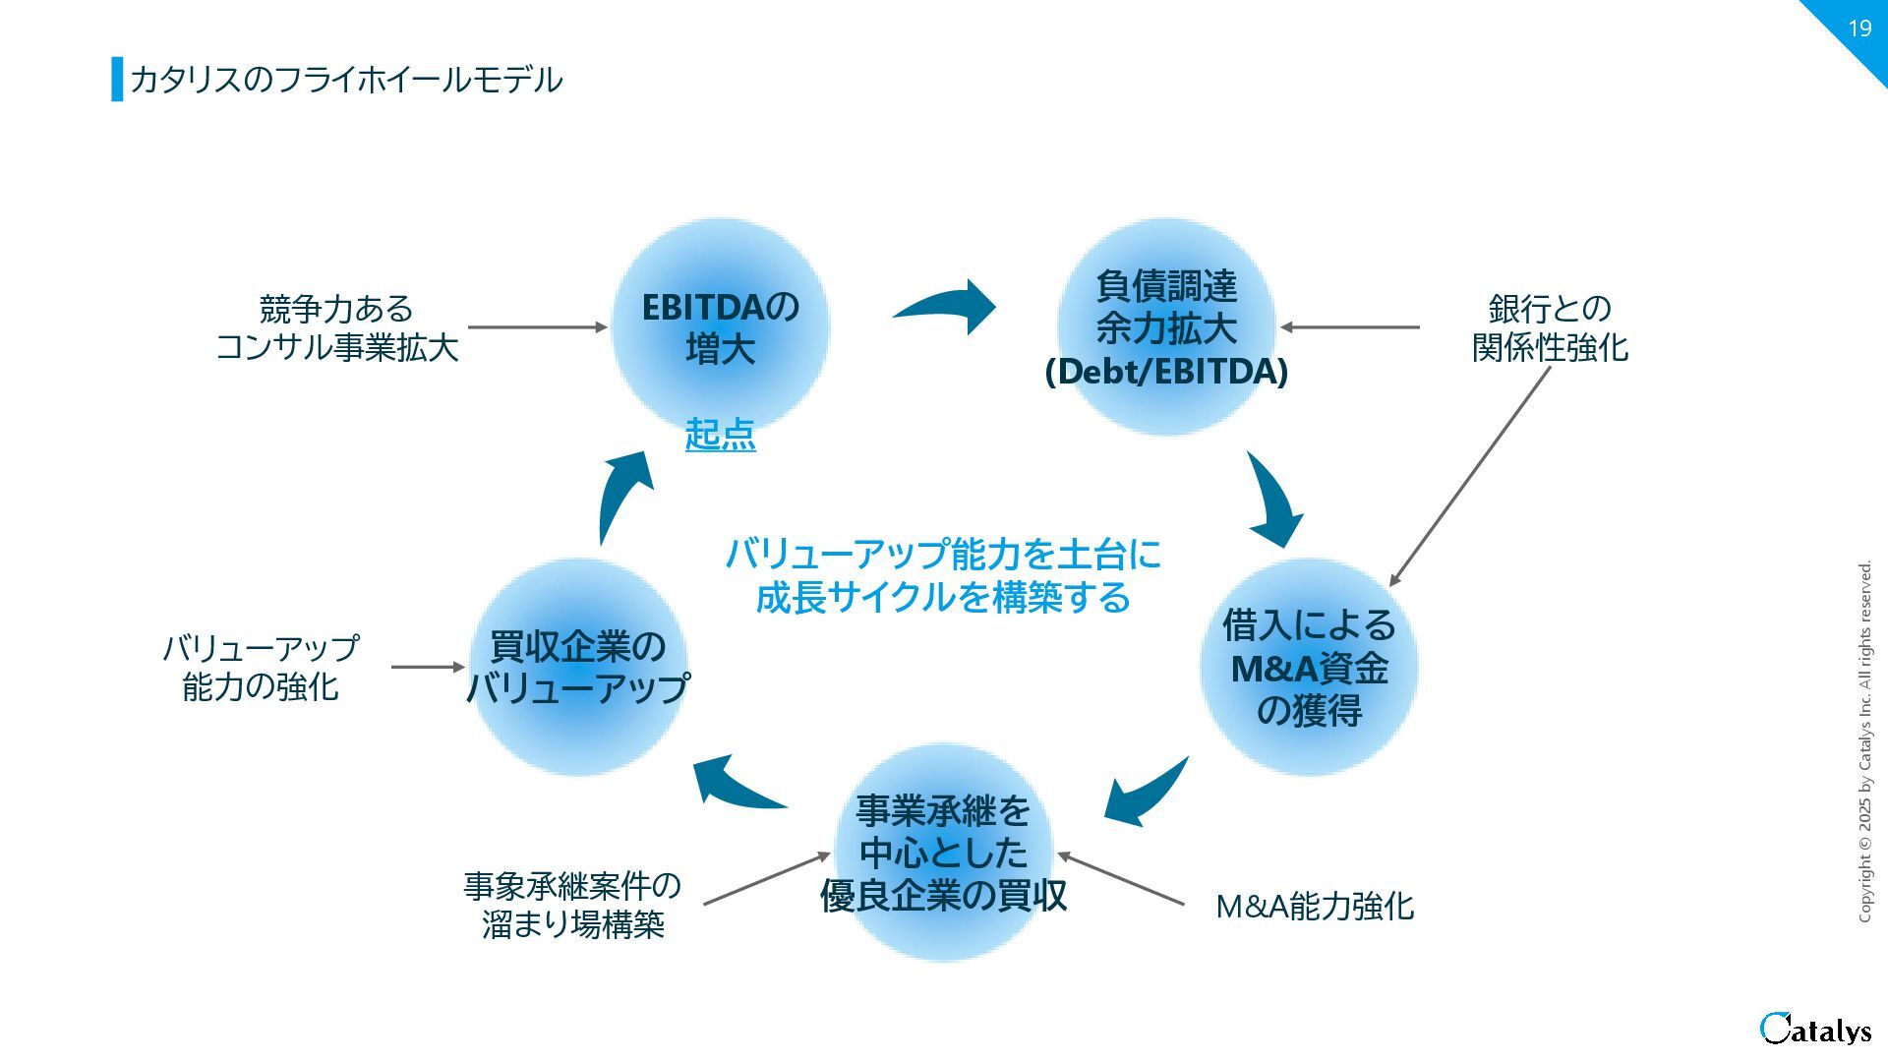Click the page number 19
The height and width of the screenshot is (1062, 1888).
coord(1858,29)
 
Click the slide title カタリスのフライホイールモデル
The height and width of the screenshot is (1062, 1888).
coord(345,80)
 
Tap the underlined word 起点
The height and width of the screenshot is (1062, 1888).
coord(720,434)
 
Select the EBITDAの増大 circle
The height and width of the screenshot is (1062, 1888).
coord(720,326)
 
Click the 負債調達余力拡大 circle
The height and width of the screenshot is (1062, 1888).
coord(1166,327)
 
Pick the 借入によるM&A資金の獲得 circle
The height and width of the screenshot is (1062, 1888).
coord(1309,667)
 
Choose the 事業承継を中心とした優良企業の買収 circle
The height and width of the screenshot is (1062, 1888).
coord(944,853)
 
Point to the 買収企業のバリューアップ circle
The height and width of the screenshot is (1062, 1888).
coord(578,667)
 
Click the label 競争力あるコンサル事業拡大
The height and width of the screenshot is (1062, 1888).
coord(336,327)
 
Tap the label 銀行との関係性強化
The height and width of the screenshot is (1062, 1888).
coord(1550,327)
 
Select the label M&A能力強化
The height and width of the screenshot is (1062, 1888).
coord(1315,906)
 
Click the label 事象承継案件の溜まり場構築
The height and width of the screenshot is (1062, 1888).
coord(572,905)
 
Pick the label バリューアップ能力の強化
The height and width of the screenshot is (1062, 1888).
coord(261,667)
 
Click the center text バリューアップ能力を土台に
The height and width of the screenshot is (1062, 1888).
coord(943,555)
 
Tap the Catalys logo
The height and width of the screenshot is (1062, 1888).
coord(1815,1029)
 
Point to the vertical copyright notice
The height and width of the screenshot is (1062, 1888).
coord(1864,741)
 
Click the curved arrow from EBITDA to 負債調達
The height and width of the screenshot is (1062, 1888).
coord(946,306)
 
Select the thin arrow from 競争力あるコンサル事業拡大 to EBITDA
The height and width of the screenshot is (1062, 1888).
coord(537,326)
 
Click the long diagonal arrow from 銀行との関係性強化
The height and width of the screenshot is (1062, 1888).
coord(1470,476)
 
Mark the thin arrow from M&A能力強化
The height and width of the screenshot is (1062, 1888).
coord(1121,878)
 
